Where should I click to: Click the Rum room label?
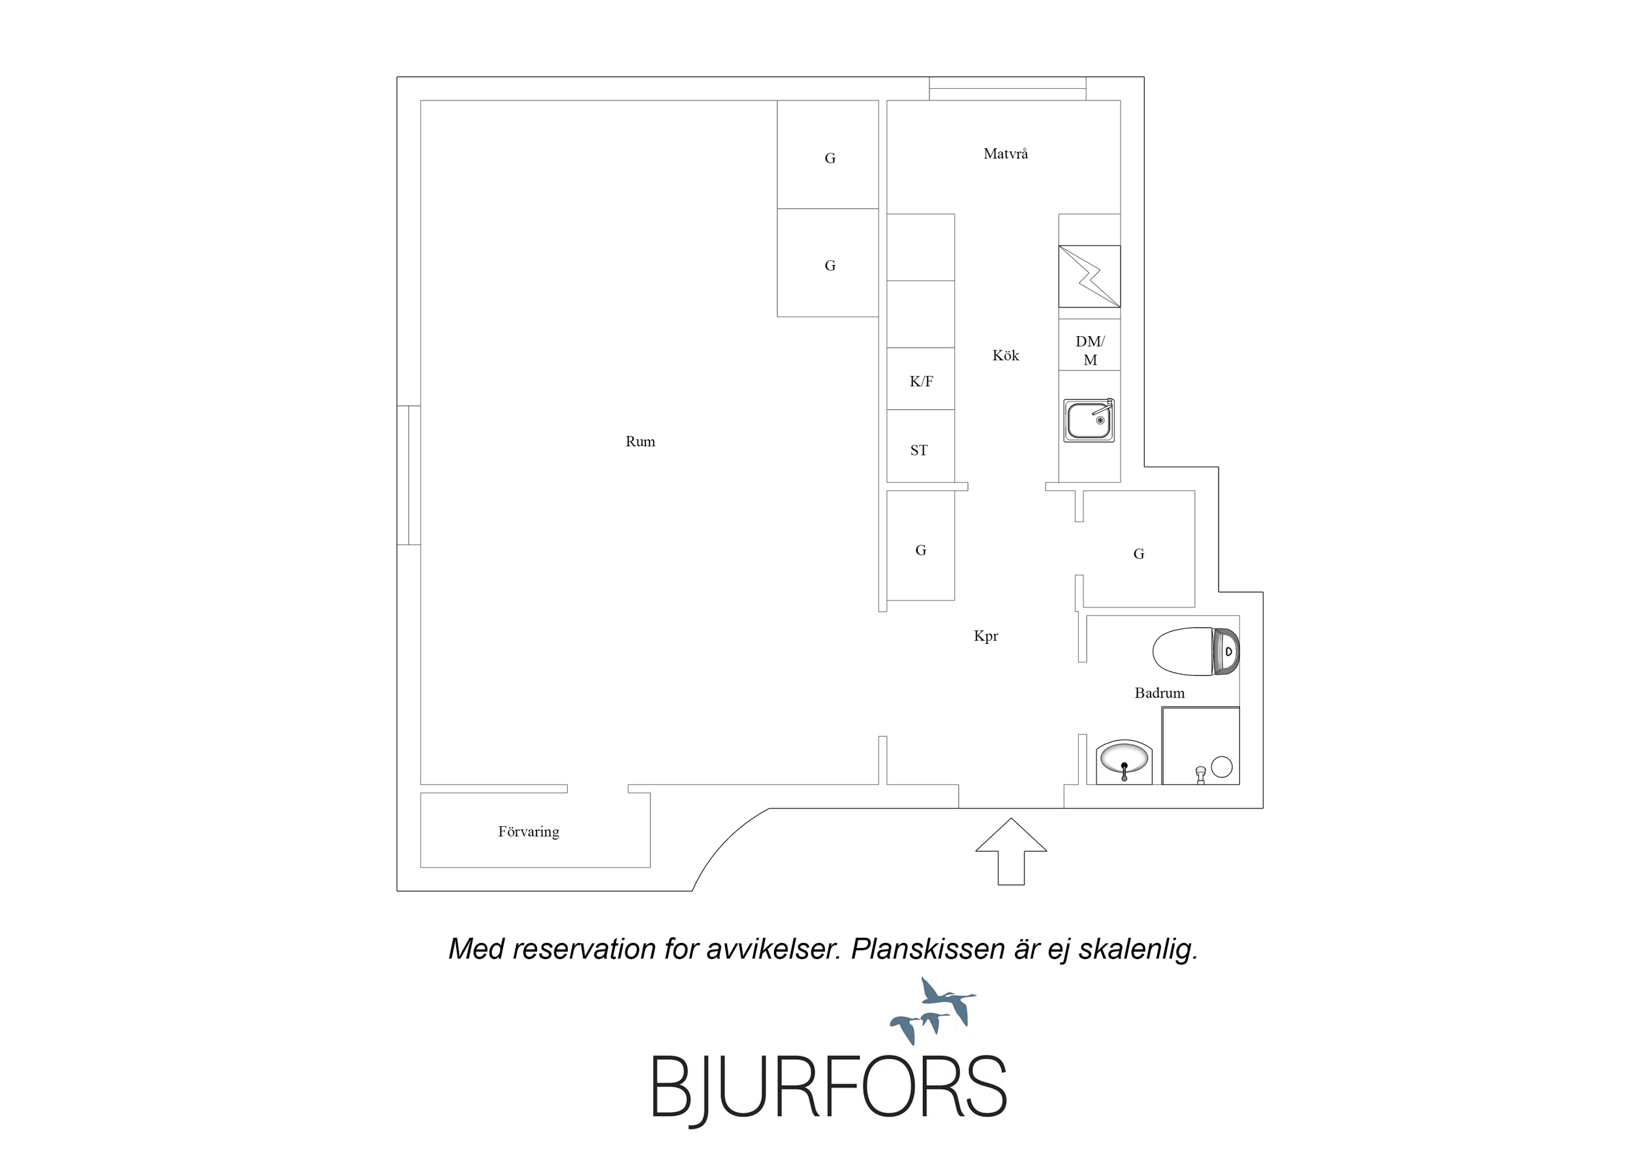[x=640, y=441]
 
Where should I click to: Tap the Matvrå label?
[x=1005, y=153]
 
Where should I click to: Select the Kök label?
[x=1005, y=355]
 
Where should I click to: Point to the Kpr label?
[x=986, y=636]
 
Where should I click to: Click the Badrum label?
[x=1159, y=693]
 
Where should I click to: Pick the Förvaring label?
[x=529, y=832]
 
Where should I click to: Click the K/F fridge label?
[x=922, y=382]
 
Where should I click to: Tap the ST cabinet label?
[x=918, y=450]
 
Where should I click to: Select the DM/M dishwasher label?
[x=1090, y=351]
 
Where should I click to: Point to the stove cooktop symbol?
[x=1089, y=277]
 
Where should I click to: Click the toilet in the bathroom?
[x=1196, y=651]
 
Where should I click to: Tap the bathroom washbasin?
[x=1124, y=761]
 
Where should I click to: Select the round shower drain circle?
[x=1221, y=767]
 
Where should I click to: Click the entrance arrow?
[x=1011, y=851]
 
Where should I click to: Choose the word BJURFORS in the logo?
[x=829, y=1087]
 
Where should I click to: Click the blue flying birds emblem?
[x=933, y=1011]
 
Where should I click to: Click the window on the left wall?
[x=409, y=475]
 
